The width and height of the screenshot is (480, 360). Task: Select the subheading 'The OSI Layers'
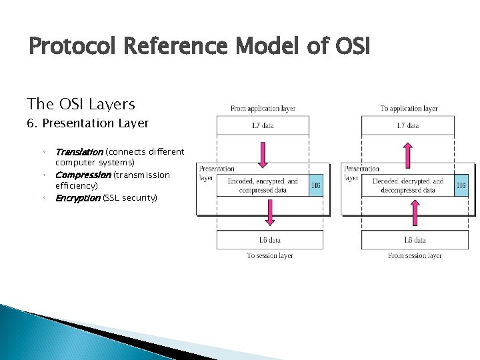tap(81, 104)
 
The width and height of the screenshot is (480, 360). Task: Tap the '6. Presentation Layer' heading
tap(87, 123)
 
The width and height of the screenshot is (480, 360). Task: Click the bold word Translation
tap(79, 152)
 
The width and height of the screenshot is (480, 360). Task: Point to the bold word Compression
tap(83, 175)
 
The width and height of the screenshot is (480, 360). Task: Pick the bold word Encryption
tap(77, 197)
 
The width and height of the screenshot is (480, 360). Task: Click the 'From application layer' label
tap(263, 108)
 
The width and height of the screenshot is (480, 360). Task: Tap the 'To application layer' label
tap(409, 108)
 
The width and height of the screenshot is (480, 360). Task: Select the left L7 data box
tap(263, 125)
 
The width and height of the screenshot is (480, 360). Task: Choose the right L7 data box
tap(408, 125)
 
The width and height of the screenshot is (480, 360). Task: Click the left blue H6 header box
tap(317, 185)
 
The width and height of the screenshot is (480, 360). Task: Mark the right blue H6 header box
tap(461, 185)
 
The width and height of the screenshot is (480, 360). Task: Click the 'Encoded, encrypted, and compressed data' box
tap(263, 185)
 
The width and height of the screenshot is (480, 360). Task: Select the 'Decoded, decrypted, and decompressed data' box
tap(407, 185)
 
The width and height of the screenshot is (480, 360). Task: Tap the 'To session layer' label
tap(269, 255)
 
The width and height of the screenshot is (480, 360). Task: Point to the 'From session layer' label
tap(415, 255)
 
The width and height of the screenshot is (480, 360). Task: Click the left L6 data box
tap(269, 240)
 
